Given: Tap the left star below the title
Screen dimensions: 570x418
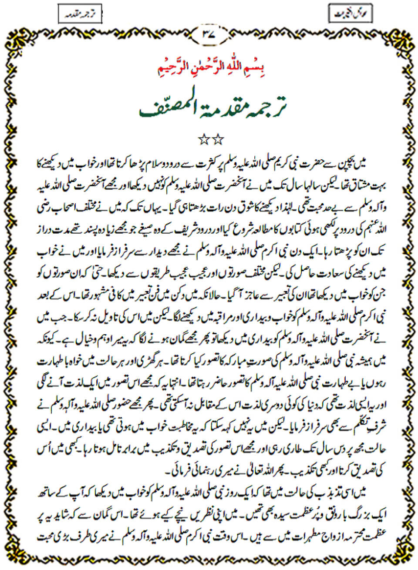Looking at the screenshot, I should coord(203,140).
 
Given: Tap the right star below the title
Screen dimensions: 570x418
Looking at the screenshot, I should coord(217,140).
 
